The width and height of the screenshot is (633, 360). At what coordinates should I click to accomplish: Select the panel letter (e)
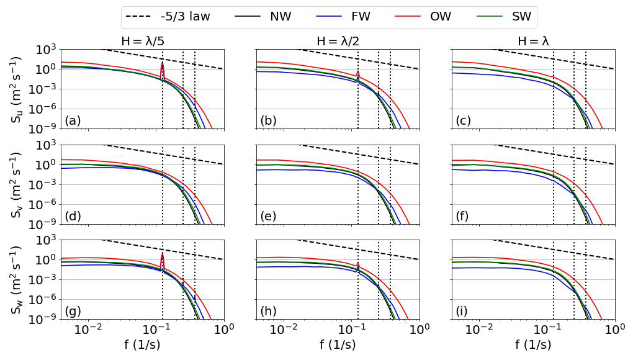click(269, 216)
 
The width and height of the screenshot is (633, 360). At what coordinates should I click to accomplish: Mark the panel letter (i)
click(462, 311)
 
